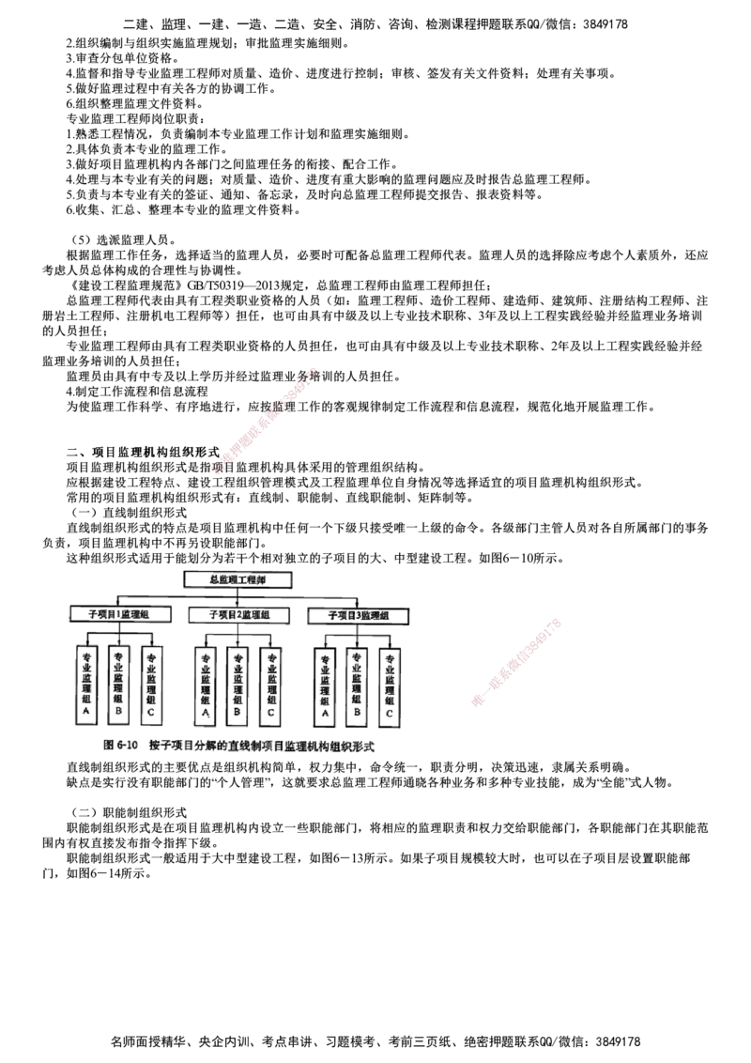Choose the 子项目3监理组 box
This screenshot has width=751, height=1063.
pyautogui.click(x=359, y=615)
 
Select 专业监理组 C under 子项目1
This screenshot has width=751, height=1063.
pyautogui.click(x=152, y=686)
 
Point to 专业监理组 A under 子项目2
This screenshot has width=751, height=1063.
pyautogui.click(x=206, y=686)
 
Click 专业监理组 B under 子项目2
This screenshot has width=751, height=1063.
pyautogui.click(x=238, y=686)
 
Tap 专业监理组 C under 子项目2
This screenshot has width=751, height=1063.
pyautogui.click(x=270, y=686)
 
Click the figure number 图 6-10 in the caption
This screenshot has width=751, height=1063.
pyautogui.click(x=122, y=746)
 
